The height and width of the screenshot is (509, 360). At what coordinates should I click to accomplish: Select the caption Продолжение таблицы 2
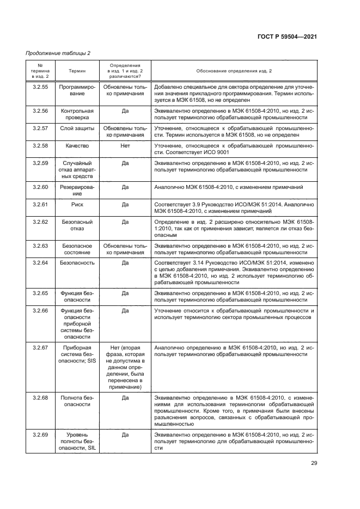[x=58, y=53]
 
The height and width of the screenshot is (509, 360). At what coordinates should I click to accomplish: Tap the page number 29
[x=313, y=463]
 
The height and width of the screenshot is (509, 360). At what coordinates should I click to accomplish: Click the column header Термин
[x=77, y=71]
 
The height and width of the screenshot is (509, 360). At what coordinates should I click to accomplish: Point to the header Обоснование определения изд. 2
[x=234, y=71]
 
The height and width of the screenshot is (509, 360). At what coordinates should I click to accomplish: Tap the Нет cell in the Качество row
[x=125, y=146]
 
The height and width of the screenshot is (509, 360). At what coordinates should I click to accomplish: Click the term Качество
[x=77, y=146]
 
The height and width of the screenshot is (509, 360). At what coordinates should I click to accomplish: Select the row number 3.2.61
[x=40, y=205]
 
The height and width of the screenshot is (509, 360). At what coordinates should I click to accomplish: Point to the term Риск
[x=77, y=205]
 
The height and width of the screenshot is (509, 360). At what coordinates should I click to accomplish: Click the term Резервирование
[x=77, y=190]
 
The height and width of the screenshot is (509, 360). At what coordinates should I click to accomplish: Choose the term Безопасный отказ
[x=77, y=226]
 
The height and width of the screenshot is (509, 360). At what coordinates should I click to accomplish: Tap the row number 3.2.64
[x=40, y=262]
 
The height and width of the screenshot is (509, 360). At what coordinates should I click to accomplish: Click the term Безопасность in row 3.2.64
[x=77, y=262]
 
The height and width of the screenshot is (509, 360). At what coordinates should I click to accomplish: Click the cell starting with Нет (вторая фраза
[x=125, y=367]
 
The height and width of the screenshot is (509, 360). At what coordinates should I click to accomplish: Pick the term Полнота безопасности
[x=77, y=401]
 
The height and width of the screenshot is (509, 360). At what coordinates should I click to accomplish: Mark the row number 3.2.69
[x=40, y=435]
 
